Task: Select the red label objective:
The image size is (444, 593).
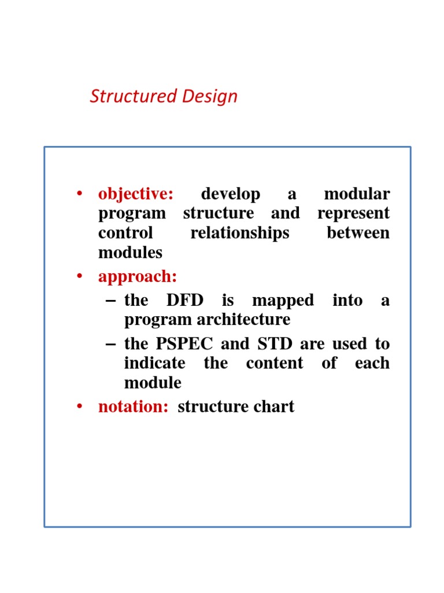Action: [x=135, y=194]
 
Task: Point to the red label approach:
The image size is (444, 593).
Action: [x=138, y=277]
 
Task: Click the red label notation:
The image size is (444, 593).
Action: [x=133, y=407]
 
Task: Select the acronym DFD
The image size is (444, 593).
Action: [x=184, y=300]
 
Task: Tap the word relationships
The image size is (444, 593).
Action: [x=240, y=233]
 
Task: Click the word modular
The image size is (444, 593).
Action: [x=357, y=194]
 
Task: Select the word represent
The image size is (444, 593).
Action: [x=353, y=213]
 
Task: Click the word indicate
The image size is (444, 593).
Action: [x=154, y=363]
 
